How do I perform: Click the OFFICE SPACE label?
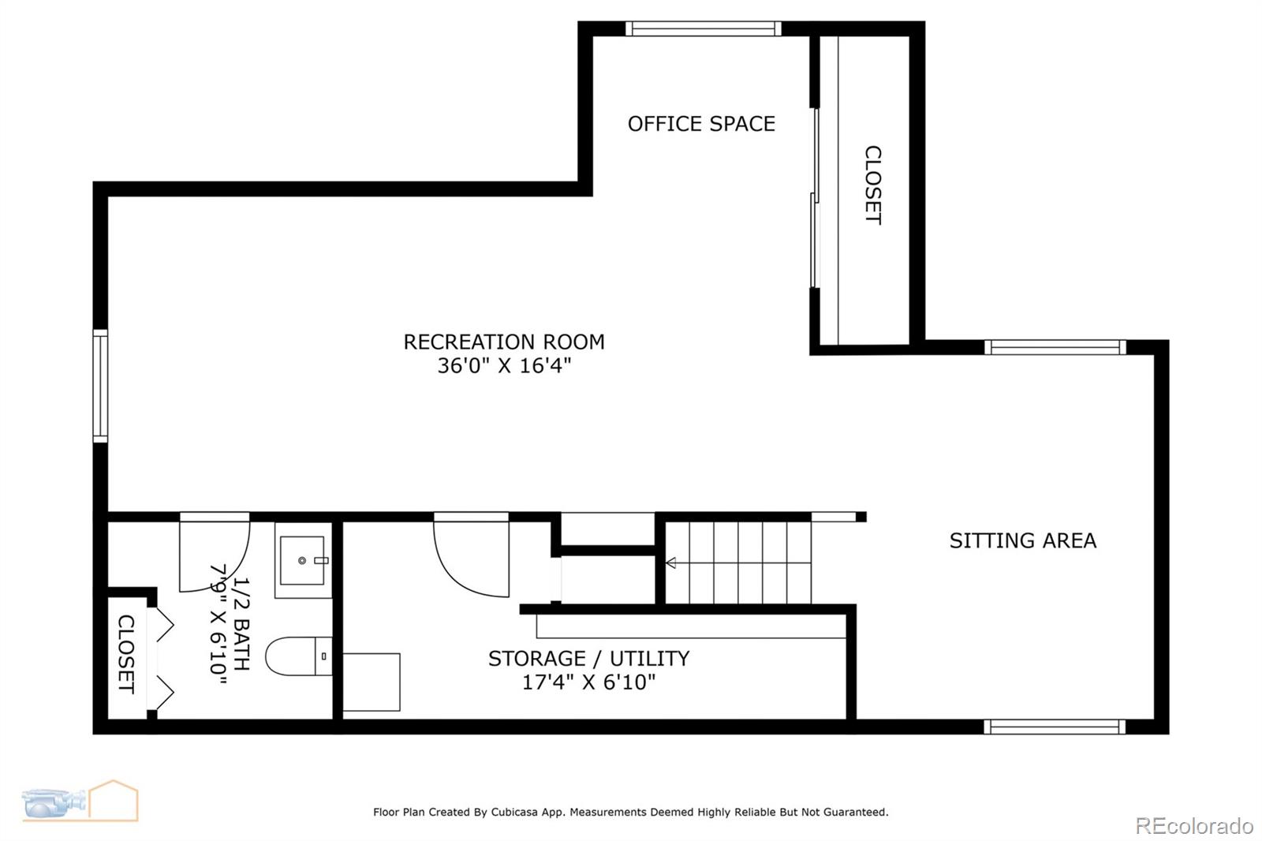click(x=701, y=124)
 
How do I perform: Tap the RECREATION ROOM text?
click(x=504, y=342)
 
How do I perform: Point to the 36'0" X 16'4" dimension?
click(x=504, y=366)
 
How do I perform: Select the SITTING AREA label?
click(x=1022, y=540)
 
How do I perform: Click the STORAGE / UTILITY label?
click(x=588, y=658)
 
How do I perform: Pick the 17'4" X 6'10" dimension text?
click(x=588, y=682)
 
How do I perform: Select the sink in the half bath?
click(x=303, y=560)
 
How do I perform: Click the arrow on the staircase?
click(x=671, y=563)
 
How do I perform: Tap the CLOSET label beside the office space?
click(x=872, y=185)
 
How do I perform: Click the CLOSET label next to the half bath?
click(x=125, y=654)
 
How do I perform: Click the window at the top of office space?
click(x=704, y=29)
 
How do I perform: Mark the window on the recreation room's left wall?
click(x=100, y=386)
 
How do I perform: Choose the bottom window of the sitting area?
click(x=1055, y=727)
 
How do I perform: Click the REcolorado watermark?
click(x=1193, y=826)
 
